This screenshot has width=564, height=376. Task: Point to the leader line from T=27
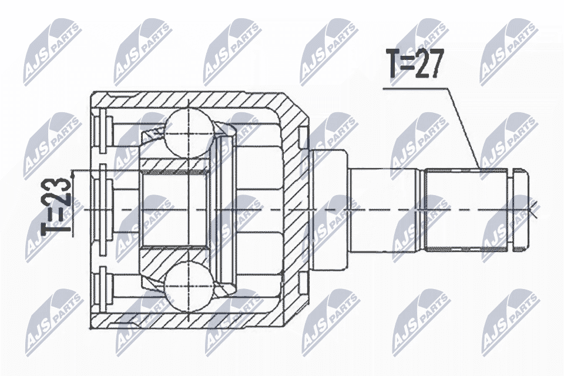[x=464, y=126]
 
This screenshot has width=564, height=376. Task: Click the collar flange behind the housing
[x=329, y=209]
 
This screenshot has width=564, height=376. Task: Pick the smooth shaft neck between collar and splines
[x=385, y=210]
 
